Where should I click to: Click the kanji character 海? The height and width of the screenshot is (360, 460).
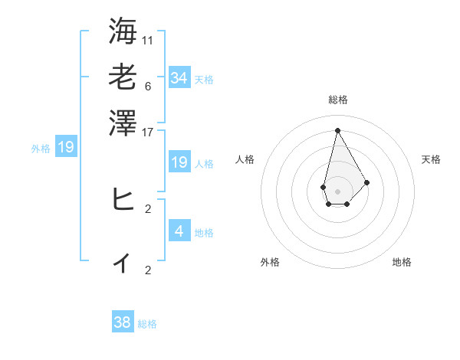coord(123,31)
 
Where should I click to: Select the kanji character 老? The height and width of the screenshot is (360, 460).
coord(123,77)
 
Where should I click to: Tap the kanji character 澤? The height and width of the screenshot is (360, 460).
coord(123,123)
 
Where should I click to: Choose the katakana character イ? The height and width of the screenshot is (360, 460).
coord(123,263)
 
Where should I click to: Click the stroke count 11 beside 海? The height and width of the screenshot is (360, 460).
coord(148,40)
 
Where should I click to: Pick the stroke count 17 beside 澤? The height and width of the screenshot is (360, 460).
coord(148,132)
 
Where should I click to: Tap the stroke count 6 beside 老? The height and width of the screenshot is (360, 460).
coord(148,86)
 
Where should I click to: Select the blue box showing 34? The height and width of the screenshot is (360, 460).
coord(179,77)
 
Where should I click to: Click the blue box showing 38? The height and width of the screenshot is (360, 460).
coord(123,322)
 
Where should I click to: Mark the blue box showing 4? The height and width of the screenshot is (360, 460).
coord(179,231)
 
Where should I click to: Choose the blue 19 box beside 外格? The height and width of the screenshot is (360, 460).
coord(65,147)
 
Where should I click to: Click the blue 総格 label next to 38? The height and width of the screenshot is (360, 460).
coord(147,324)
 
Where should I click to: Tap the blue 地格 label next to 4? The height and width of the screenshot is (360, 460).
coord(204,232)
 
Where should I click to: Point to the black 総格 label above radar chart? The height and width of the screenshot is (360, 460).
coord(337,100)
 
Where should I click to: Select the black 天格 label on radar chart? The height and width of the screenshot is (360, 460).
coord(432,159)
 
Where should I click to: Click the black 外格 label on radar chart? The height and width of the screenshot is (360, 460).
coord(270,262)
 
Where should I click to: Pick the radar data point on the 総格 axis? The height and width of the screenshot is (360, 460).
coord(337,130)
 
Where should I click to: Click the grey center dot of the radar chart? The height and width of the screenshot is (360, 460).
coord(337,191)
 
